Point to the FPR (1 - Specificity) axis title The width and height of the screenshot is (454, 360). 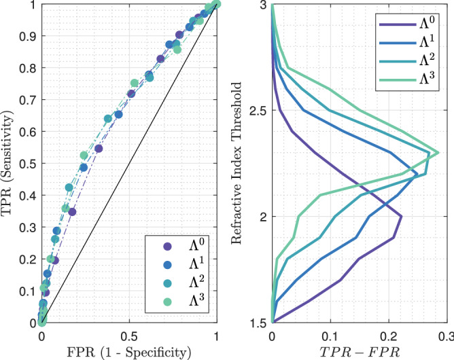(x=128, y=352)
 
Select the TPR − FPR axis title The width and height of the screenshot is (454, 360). (x=359, y=352)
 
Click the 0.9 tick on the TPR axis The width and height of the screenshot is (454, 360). (x=26, y=37)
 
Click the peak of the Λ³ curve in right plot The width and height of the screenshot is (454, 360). (x=438, y=153)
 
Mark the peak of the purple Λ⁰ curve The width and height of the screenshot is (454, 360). (x=402, y=217)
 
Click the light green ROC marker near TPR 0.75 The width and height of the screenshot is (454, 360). (x=135, y=83)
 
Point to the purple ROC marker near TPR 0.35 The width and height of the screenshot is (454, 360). (x=72, y=212)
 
